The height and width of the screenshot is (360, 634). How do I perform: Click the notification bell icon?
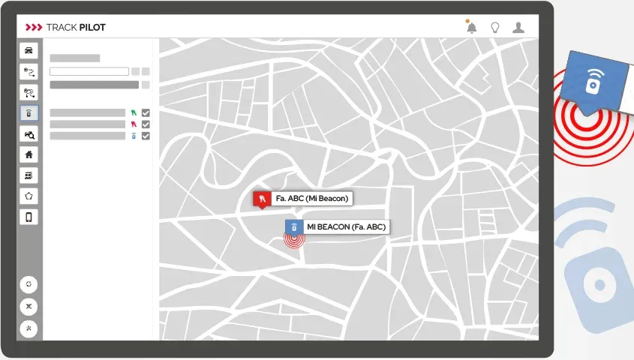tap(471, 28)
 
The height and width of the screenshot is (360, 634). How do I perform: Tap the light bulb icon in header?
tap(494, 28)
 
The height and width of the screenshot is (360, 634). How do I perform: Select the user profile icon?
tap(518, 28)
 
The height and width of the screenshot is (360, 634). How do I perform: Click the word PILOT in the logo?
tap(92, 28)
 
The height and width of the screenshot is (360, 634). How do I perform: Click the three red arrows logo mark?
tap(34, 28)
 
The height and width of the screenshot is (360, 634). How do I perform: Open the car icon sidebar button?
tap(29, 51)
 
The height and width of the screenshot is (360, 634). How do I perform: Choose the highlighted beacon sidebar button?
tap(29, 114)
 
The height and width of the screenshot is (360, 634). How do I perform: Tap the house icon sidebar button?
tap(29, 154)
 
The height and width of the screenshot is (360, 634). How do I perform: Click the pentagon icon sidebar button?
tap(29, 196)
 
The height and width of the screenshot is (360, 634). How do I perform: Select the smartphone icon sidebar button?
tap(29, 217)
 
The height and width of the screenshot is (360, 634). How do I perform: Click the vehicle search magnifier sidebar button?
tap(29, 134)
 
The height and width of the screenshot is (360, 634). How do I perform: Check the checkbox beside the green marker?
tap(146, 113)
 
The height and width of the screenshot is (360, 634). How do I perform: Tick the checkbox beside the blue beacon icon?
tap(146, 136)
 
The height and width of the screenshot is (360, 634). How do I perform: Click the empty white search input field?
tap(89, 72)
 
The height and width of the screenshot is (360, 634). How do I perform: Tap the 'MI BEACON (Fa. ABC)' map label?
tap(347, 226)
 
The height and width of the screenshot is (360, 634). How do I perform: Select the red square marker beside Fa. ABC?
tap(261, 199)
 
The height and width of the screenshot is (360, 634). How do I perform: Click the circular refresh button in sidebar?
tap(29, 285)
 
